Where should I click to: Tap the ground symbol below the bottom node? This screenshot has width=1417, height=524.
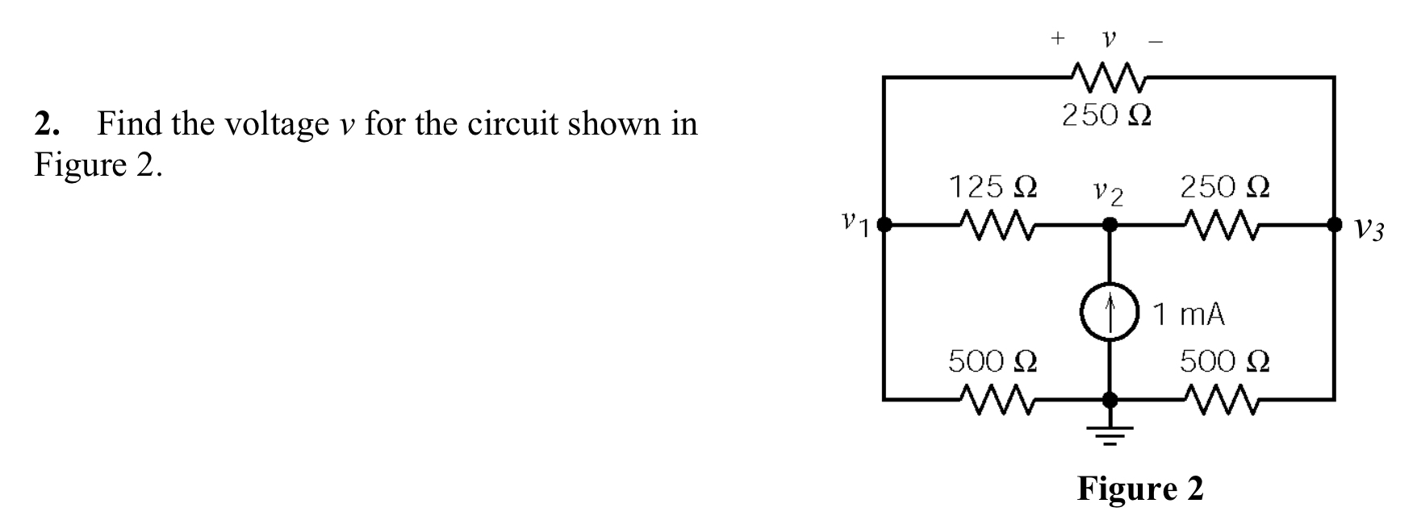coord(1110,435)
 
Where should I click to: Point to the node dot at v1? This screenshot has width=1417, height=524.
coord(884,225)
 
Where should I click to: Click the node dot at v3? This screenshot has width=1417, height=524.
coord(1335,225)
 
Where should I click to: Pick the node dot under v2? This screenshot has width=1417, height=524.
coord(1110,225)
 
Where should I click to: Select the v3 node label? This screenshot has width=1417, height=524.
coord(1369,231)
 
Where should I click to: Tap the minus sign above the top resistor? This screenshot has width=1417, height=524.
coord(1156,40)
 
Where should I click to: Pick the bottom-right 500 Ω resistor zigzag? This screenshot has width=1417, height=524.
coord(1223,399)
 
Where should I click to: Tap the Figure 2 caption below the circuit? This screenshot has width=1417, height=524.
coord(1139,489)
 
